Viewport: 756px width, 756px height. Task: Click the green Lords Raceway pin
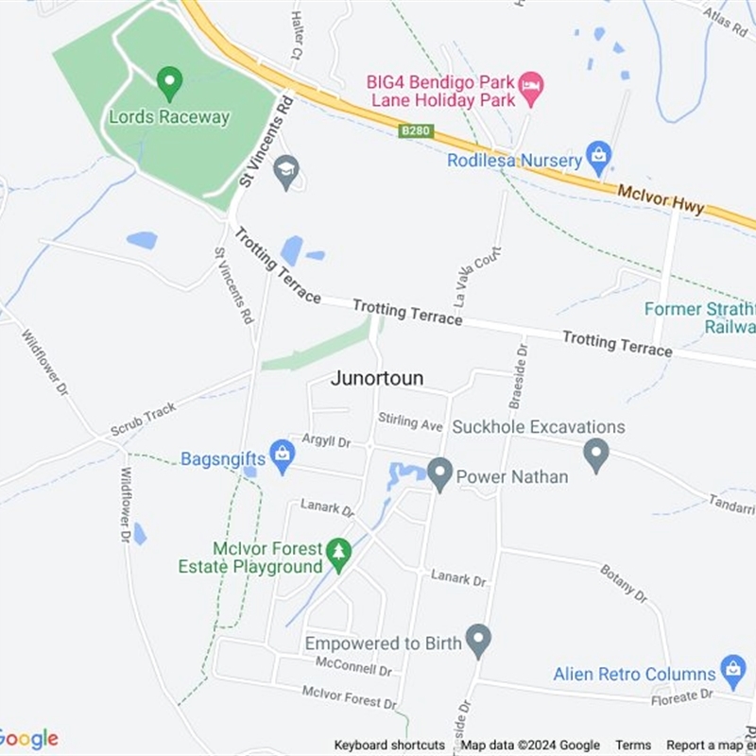click(x=169, y=83)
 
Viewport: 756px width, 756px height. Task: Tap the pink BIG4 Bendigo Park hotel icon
click(x=531, y=89)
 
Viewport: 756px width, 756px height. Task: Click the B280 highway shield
click(x=417, y=130)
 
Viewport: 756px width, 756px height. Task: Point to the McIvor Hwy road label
click(x=661, y=198)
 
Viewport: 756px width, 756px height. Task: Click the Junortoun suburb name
click(x=377, y=378)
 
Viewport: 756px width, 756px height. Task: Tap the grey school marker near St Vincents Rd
click(x=285, y=172)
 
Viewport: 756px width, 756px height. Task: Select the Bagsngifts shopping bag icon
click(x=282, y=456)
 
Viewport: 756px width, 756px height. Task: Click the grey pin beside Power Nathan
click(x=439, y=473)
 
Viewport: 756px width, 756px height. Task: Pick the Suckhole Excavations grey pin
click(x=595, y=455)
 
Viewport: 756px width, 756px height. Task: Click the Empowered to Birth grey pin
click(x=479, y=641)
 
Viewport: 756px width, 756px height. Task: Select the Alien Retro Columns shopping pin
click(x=732, y=672)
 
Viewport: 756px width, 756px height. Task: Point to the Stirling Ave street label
click(x=410, y=421)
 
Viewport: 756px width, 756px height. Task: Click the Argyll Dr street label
click(x=326, y=441)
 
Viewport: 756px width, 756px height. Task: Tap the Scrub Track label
click(x=143, y=420)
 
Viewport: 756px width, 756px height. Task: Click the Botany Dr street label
click(x=624, y=583)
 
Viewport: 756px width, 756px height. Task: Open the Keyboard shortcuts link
click(x=389, y=745)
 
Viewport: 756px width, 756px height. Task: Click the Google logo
click(x=28, y=739)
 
